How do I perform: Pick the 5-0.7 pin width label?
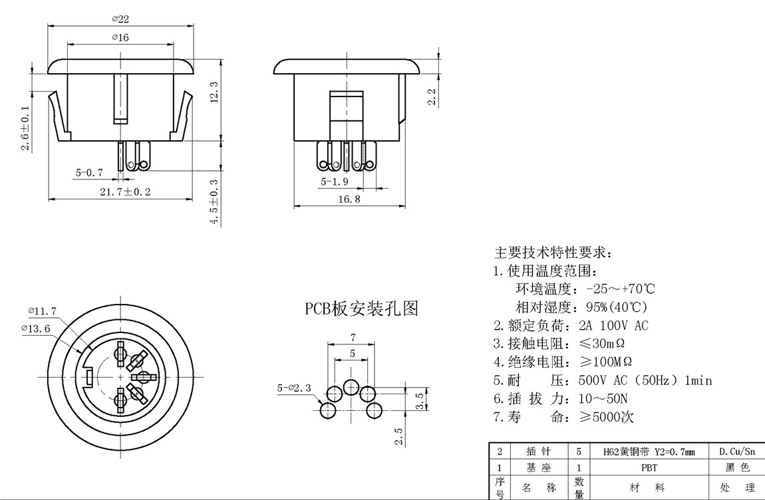coord(89,172)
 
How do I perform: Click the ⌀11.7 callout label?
coord(42,311)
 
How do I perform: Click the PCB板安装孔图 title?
coord(361,308)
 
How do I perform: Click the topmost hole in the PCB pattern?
coord(351,386)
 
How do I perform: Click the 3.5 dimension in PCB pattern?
coord(419,400)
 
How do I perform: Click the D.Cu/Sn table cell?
coord(736,451)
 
